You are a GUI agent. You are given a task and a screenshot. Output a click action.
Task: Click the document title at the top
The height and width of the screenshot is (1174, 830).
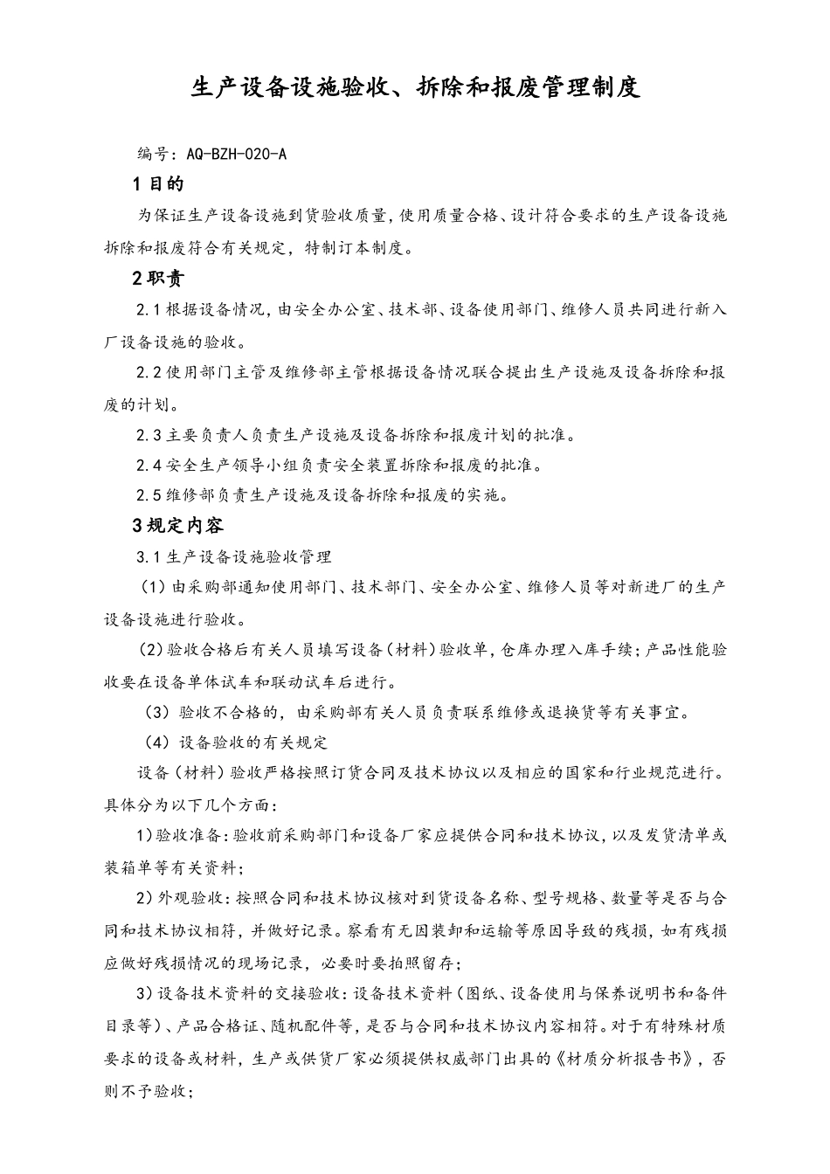[x=415, y=87]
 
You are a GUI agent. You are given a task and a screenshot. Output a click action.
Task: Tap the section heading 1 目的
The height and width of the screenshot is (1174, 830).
[x=158, y=183]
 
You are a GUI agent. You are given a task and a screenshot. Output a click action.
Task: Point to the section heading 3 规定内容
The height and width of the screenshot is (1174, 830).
[x=177, y=525]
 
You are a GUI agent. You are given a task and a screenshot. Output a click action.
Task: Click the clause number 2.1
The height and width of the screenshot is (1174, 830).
[x=149, y=310]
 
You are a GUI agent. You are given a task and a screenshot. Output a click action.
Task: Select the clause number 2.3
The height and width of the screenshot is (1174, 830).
[x=149, y=434]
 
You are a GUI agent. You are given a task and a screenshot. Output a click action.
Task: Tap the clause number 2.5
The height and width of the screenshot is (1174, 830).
[x=149, y=495]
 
